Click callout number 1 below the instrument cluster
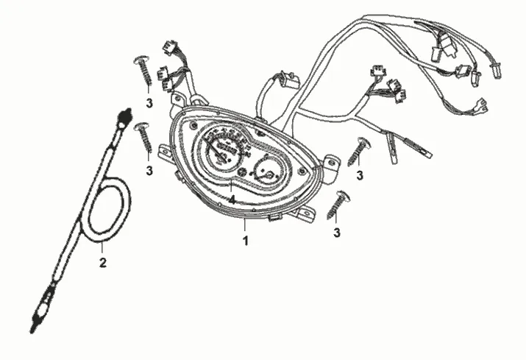(246, 240)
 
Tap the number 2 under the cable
(103, 261)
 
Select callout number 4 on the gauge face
(231, 199)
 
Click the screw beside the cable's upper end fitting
(144, 137)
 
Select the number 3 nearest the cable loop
(149, 171)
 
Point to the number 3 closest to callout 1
(338, 233)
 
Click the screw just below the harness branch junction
(359, 151)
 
